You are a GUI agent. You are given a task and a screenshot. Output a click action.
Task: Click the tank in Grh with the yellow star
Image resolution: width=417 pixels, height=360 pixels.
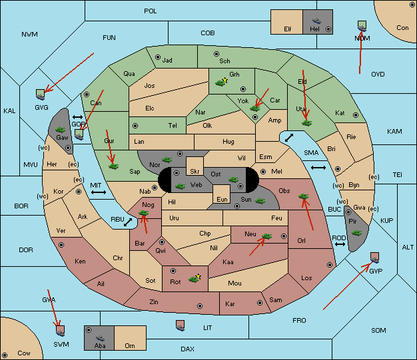click(x=221, y=83)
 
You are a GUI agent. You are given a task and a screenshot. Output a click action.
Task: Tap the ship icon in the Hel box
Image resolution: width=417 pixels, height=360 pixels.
click(x=316, y=21)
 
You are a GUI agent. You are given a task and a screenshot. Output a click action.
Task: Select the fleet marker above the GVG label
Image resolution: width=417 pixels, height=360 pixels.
click(x=41, y=94)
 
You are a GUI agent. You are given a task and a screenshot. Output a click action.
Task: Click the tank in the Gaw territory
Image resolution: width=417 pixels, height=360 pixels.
click(x=61, y=130)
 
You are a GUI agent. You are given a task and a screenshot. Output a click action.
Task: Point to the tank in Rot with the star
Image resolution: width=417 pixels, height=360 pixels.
click(x=195, y=278)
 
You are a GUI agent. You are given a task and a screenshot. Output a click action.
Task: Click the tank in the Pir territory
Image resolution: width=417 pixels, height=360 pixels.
click(x=356, y=233)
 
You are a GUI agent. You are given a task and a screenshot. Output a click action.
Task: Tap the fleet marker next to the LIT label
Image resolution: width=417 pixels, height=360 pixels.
click(x=181, y=325)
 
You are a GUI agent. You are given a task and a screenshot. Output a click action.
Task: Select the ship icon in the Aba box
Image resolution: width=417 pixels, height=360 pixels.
click(x=100, y=338)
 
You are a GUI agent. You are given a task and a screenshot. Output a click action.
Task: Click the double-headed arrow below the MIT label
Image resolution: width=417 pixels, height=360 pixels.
click(x=99, y=192)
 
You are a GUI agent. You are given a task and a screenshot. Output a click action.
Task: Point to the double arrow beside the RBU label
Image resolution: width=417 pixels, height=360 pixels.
click(x=128, y=222)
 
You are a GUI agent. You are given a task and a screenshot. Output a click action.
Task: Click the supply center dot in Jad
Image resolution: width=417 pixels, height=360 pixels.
click(x=158, y=57)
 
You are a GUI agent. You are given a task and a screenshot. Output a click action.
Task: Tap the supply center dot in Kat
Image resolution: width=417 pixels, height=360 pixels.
click(x=356, y=115)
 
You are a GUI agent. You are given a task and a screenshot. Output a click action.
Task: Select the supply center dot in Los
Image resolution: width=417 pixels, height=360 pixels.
click(x=330, y=265)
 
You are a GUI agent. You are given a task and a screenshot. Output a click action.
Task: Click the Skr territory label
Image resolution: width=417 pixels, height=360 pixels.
click(x=195, y=172)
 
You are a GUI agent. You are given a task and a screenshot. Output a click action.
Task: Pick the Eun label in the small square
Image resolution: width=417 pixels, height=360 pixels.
click(x=222, y=199)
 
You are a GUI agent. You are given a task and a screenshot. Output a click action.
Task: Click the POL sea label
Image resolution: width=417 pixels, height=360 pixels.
click(x=151, y=11)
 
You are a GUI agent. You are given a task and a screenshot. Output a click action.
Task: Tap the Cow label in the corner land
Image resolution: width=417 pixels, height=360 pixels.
click(x=24, y=353)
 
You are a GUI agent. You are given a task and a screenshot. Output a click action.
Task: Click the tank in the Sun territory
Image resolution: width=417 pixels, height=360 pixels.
click(x=260, y=201)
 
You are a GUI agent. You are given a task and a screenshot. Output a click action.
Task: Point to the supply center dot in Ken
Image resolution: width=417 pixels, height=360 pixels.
click(x=61, y=245)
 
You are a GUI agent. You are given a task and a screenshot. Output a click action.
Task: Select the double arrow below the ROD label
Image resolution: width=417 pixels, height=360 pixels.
click(x=340, y=244)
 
